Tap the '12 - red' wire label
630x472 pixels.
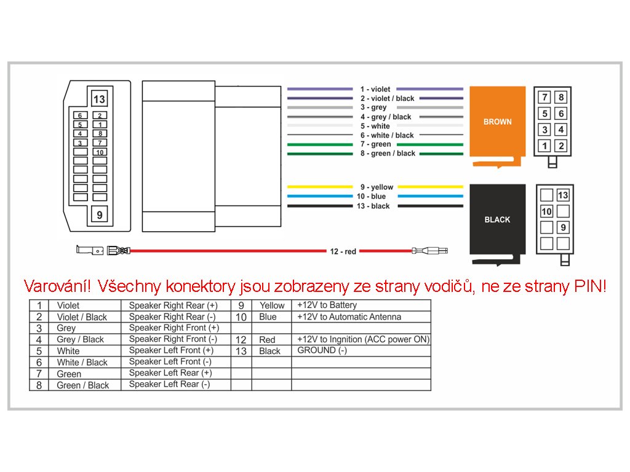pyautogui.click(x=343, y=251)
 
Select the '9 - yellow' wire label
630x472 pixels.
pyautogui.click(x=377, y=187)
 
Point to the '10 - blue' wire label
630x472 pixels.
pyautogui.click(x=371, y=196)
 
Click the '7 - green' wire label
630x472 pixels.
pyautogui.click(x=376, y=144)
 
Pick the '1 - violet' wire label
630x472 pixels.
pyautogui.click(x=375, y=89)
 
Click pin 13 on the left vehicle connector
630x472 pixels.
pyautogui.click(x=99, y=99)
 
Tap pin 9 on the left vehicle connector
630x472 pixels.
pyautogui.click(x=99, y=215)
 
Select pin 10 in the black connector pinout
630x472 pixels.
pyautogui.click(x=546, y=211)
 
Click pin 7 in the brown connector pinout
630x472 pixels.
pyautogui.click(x=545, y=97)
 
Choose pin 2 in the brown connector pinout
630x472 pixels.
pyautogui.click(x=561, y=145)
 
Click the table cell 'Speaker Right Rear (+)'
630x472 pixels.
pyautogui.click(x=173, y=305)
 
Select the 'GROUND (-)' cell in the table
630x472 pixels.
pyautogui.click(x=322, y=350)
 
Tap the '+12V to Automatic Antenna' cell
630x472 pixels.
pyautogui.click(x=349, y=317)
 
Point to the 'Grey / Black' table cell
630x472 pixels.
pyautogui.click(x=81, y=339)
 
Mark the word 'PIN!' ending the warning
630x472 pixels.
pyautogui.click(x=590, y=286)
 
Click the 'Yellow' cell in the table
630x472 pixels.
pyautogui.click(x=272, y=305)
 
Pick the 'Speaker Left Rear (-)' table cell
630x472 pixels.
pyautogui.click(x=169, y=384)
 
